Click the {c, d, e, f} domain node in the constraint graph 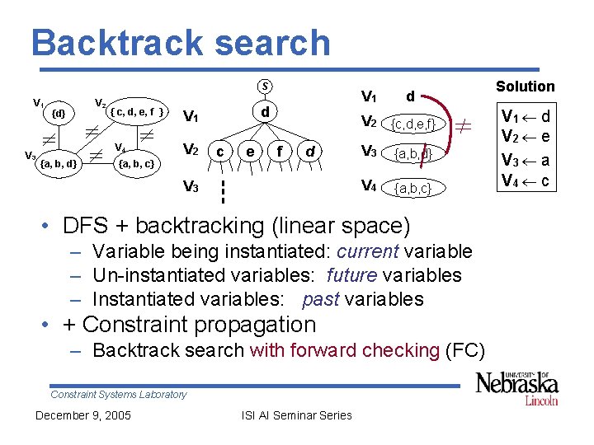139,111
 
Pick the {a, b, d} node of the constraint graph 59,163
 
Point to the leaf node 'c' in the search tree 220,151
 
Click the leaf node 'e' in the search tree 250,151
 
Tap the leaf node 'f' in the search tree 280,151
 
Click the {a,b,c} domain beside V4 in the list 411,189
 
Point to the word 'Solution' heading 525,86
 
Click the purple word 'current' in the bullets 365,251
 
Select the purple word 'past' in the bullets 321,299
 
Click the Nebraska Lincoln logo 517,387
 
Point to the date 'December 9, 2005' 82,415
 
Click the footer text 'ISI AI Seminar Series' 296,415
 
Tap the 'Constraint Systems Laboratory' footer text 118,395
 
